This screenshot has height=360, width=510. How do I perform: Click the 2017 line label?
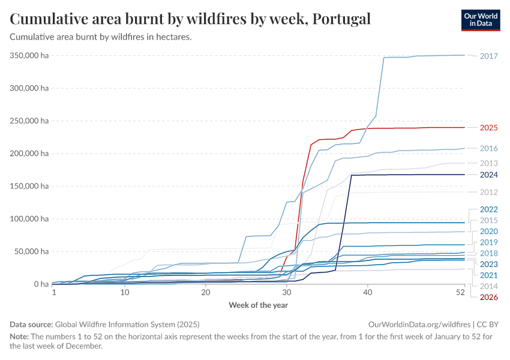click(x=489, y=56)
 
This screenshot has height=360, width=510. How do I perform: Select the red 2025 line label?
click(x=489, y=128)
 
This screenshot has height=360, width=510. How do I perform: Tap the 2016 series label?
click(x=489, y=148)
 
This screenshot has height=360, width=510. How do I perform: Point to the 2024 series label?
click(x=489, y=175)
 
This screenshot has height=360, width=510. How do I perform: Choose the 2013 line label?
click(x=489, y=163)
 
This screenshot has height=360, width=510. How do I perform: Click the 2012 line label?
click(x=489, y=192)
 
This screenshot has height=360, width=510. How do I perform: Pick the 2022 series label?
click(x=489, y=209)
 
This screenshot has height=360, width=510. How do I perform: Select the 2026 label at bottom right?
click(x=489, y=296)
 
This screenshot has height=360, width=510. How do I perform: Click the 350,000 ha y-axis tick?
click(x=29, y=55)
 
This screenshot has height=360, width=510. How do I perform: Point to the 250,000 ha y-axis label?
click(x=29, y=121)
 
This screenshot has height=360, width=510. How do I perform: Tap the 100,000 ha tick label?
click(x=29, y=218)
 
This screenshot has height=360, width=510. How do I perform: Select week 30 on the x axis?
click(x=286, y=293)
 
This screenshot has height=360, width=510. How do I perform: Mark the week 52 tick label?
click(x=460, y=293)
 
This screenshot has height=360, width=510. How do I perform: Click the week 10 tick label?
click(x=124, y=293)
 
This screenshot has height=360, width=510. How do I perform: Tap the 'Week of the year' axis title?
click(x=258, y=305)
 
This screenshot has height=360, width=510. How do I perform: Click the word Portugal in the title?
click(x=340, y=19)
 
